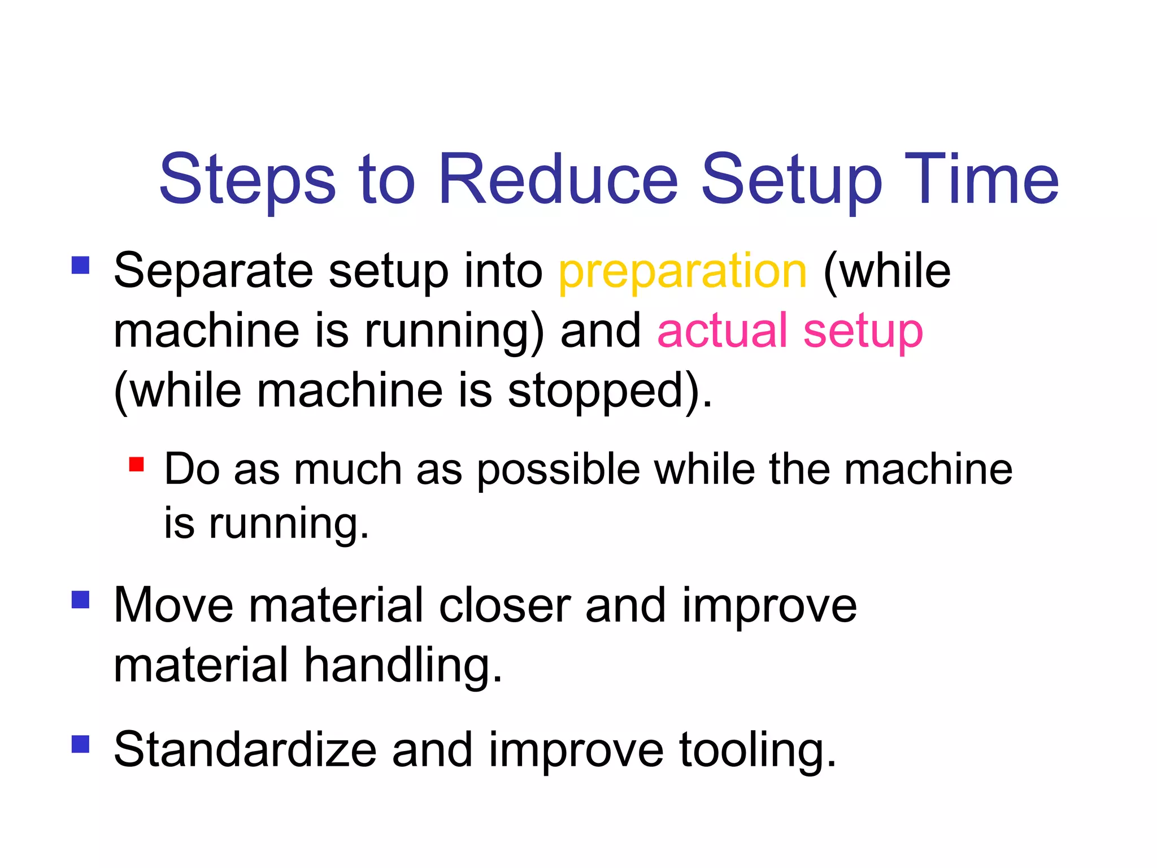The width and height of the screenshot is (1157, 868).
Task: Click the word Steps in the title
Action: [247, 180]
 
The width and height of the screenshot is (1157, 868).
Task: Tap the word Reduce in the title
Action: [558, 180]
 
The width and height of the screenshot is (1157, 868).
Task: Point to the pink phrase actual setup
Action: [790, 331]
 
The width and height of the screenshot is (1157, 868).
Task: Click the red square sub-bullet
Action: [136, 465]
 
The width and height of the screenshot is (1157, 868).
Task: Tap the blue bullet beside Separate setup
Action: [81, 265]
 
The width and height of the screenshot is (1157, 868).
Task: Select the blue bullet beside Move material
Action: [81, 600]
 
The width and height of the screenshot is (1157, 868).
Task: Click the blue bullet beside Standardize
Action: [81, 744]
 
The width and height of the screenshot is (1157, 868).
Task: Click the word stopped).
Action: [610, 391]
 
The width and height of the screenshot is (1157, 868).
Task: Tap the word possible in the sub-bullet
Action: [558, 470]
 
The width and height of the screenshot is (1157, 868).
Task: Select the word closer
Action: [504, 606]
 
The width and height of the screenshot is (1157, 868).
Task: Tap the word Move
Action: [173, 606]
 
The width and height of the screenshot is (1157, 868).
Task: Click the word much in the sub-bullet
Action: [347, 470]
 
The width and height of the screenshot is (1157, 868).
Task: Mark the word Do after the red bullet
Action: [192, 470]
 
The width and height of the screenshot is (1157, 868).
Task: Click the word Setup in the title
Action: [791, 180]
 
